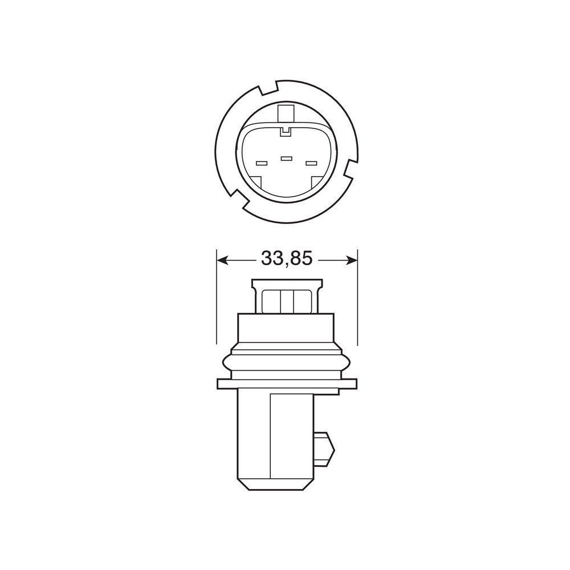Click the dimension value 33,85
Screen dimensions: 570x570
pyautogui.click(x=287, y=259)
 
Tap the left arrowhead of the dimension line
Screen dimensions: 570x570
pyautogui.click(x=222, y=260)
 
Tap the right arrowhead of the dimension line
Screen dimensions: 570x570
pyautogui.click(x=351, y=260)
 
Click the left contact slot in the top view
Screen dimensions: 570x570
pyautogui.click(x=262, y=163)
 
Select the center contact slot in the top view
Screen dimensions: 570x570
pyautogui.click(x=286, y=158)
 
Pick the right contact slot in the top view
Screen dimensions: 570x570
pyautogui.click(x=311, y=163)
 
